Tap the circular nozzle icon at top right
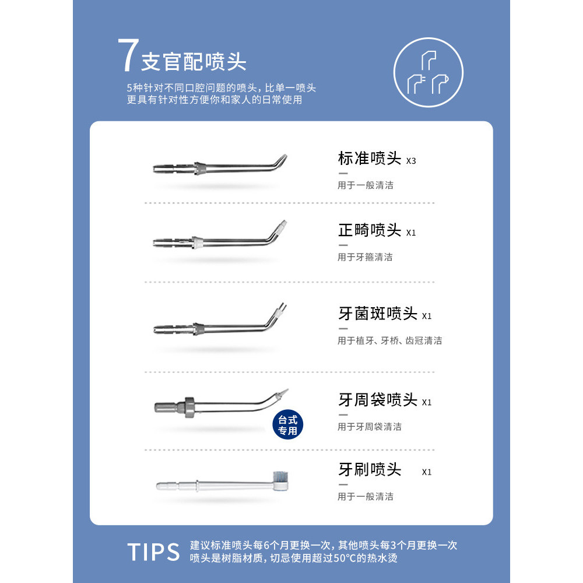(429, 72)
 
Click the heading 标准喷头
(370, 159)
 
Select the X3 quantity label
(411, 161)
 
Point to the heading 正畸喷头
(370, 230)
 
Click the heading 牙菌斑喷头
(378, 314)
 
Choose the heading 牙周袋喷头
(378, 400)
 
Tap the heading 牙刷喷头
(370, 469)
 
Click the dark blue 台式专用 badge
(288, 425)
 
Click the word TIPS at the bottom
(153, 552)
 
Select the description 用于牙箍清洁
(365, 257)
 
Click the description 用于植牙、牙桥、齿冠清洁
(389, 340)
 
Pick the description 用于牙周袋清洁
(370, 427)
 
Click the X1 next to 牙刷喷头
(427, 472)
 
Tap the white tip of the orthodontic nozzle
(283, 224)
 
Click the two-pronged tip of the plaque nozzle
(283, 307)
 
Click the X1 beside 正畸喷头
(411, 233)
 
